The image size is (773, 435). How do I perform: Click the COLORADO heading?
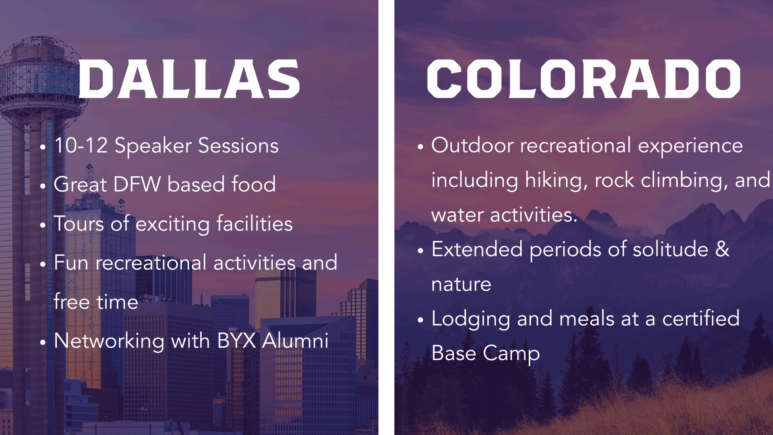click(584, 79)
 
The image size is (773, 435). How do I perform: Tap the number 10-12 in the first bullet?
click(81, 145)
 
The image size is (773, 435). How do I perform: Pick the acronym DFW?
click(137, 184)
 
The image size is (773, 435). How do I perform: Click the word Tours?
click(79, 224)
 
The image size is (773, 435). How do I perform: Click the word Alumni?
click(295, 341)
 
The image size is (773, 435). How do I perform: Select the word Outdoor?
click(472, 145)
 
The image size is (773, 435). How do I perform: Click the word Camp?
click(511, 354)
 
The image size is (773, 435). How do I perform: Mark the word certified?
click(701, 318)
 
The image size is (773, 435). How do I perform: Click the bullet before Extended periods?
click(421, 251)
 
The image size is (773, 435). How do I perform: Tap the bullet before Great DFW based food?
click(43, 186)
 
